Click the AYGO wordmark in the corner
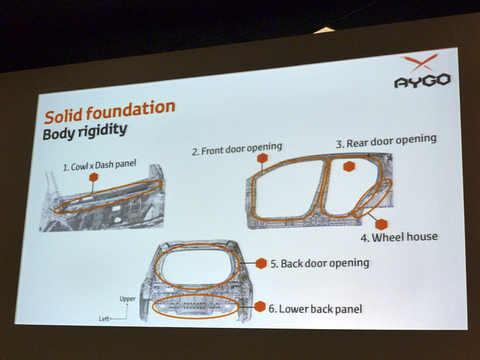(x=422, y=81)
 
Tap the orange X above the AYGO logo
(x=419, y=62)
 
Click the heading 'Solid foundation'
(x=110, y=111)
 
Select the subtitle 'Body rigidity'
(x=85, y=132)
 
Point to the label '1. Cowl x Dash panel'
(x=99, y=166)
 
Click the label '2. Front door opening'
(x=237, y=149)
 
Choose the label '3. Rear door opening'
(x=386, y=141)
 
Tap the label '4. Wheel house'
(x=399, y=237)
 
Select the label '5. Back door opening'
(x=320, y=263)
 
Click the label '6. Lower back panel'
(x=315, y=309)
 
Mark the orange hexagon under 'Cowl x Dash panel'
(x=93, y=177)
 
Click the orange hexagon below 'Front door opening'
(x=263, y=158)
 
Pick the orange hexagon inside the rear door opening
(x=349, y=166)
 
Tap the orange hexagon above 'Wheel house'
(x=381, y=224)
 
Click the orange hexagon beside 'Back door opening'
(x=261, y=263)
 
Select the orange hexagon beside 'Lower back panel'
(x=260, y=307)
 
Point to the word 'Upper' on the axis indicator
(x=128, y=299)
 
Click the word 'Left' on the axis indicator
(x=104, y=319)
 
